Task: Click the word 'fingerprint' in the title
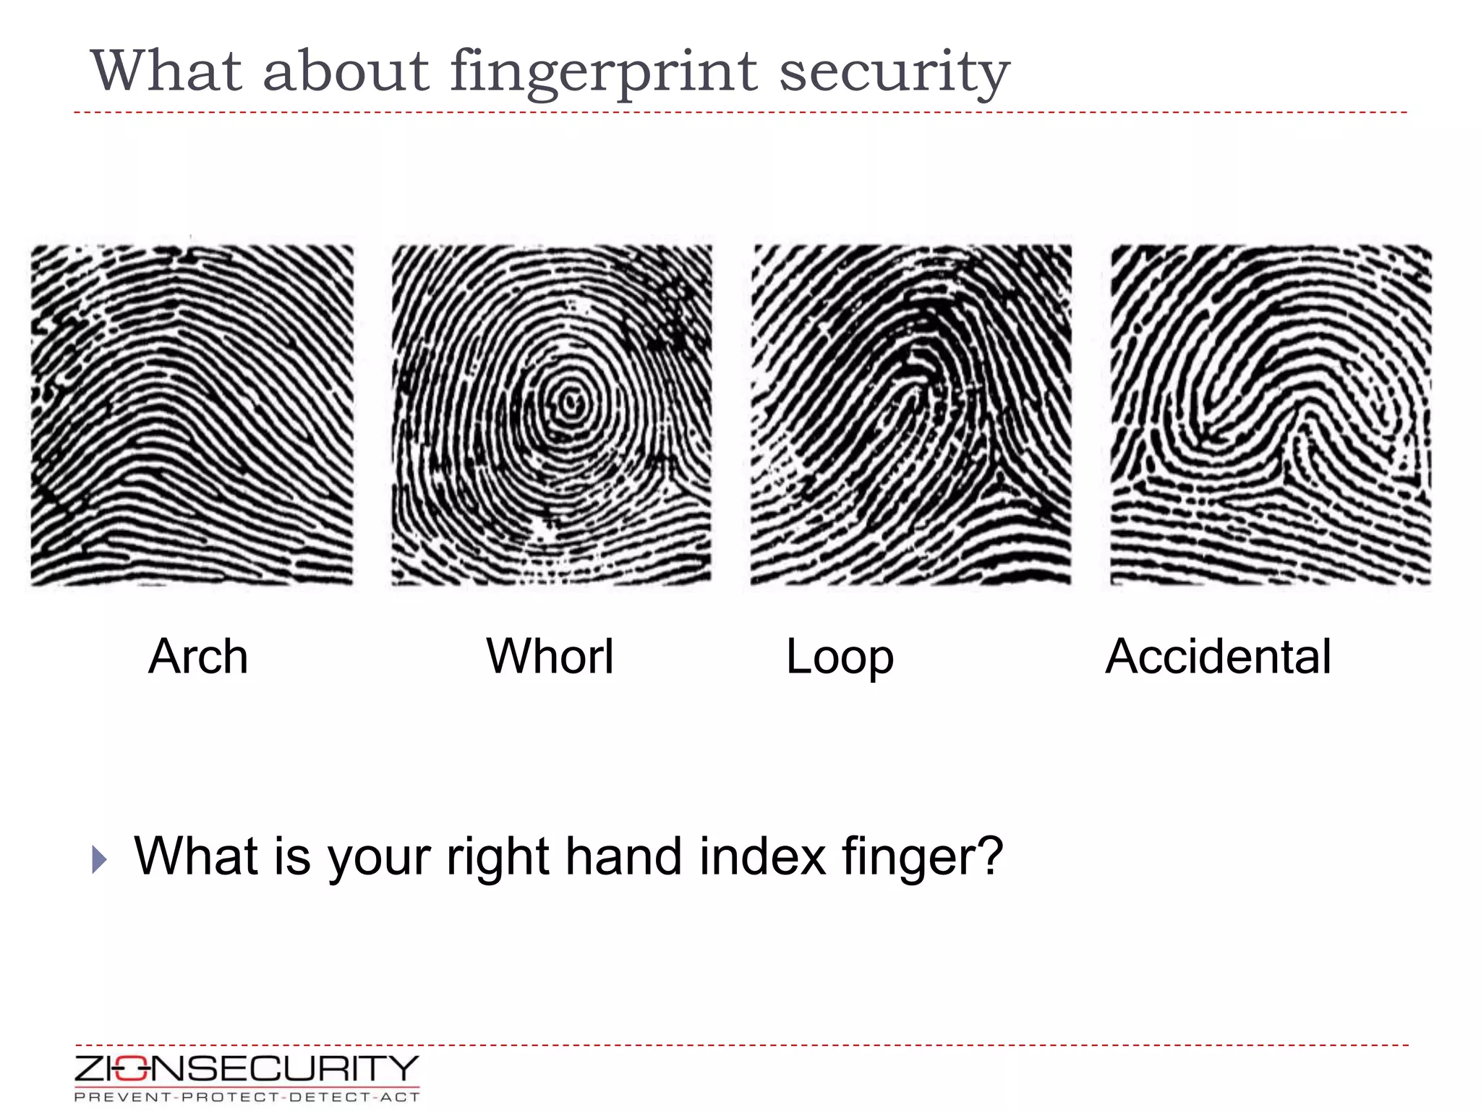click(603, 72)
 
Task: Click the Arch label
click(198, 657)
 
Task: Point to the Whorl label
click(550, 657)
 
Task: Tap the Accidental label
click(1218, 657)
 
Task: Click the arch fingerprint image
click(192, 415)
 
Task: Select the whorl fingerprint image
click(552, 415)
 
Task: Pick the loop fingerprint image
click(911, 415)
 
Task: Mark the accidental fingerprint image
click(1271, 415)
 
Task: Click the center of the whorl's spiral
click(572, 402)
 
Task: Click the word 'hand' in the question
click(623, 856)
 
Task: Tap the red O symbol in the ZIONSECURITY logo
click(130, 1069)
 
